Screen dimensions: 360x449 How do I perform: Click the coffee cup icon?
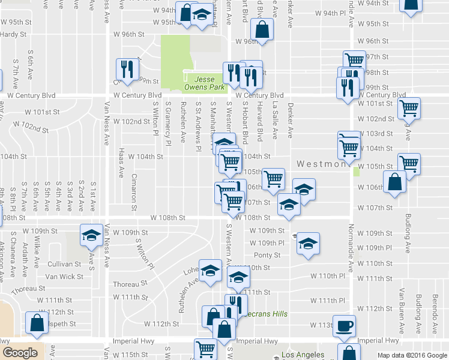pos(345,325)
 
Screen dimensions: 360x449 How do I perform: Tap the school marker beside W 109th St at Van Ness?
pos(91,235)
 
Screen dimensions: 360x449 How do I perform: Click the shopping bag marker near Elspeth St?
pos(37,323)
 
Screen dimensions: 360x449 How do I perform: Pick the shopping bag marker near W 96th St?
pos(262,29)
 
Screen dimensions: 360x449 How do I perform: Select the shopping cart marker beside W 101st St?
pos(409,109)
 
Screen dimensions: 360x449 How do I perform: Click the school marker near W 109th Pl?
pos(308,244)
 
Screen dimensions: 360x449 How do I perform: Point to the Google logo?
pos(20,353)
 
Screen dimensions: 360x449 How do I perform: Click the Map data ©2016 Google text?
pos(412,355)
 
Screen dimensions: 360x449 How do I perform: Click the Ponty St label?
pos(267,255)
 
